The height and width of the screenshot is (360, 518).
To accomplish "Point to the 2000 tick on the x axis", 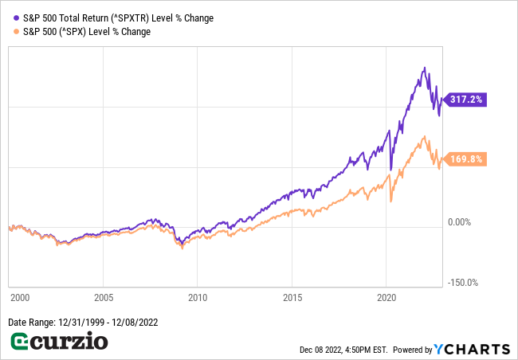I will [x=19, y=297].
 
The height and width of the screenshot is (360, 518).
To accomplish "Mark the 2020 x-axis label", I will [x=387, y=297].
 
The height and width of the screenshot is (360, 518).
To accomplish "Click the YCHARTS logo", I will [x=472, y=349].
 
